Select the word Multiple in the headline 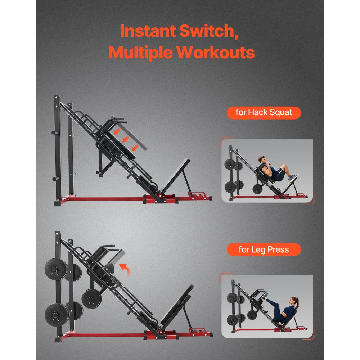point(140,53)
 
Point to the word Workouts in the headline point(216,53)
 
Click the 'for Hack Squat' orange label point(264,113)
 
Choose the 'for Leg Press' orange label point(264,249)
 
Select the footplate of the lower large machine point(176,304)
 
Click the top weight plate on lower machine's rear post point(56,268)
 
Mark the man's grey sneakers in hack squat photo point(294,177)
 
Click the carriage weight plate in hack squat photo point(257,189)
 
